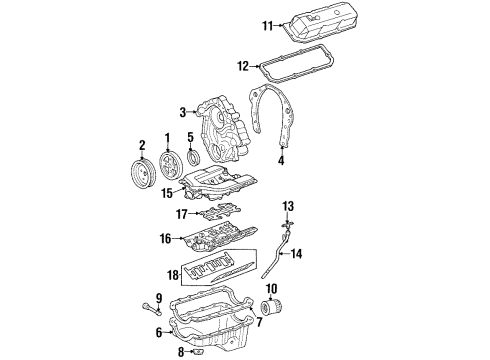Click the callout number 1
pyautogui.click(x=167, y=137)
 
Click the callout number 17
pyautogui.click(x=181, y=213)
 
